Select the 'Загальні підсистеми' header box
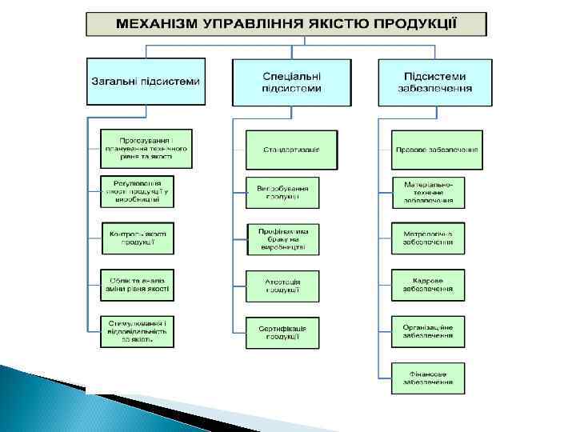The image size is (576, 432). (146, 82)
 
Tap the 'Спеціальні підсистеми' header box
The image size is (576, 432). (291, 82)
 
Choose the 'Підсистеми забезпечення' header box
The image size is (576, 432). (435, 82)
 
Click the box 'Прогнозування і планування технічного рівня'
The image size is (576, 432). (147, 148)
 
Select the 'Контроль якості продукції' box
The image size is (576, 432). (138, 238)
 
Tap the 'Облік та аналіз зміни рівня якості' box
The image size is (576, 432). (138, 283)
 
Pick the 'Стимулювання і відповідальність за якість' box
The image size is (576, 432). (138, 331)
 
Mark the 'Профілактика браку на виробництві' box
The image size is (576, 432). (282, 239)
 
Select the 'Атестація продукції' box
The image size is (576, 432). (282, 286)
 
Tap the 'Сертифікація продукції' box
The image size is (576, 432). (282, 332)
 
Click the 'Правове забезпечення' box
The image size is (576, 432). (437, 150)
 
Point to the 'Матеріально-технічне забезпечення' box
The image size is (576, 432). (428, 193)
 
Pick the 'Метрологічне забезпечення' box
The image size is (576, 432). (428, 238)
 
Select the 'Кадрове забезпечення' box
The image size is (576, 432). (428, 286)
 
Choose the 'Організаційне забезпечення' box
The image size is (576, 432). (428, 331)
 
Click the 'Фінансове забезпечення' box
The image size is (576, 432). (428, 378)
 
